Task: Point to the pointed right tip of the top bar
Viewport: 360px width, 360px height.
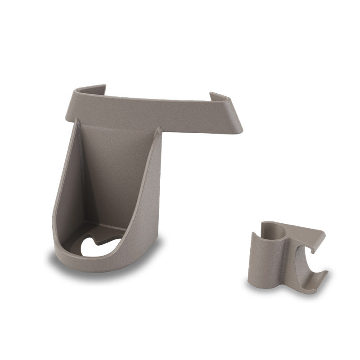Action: click(x=241, y=131)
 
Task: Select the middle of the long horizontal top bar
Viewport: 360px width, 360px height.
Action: click(x=153, y=110)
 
